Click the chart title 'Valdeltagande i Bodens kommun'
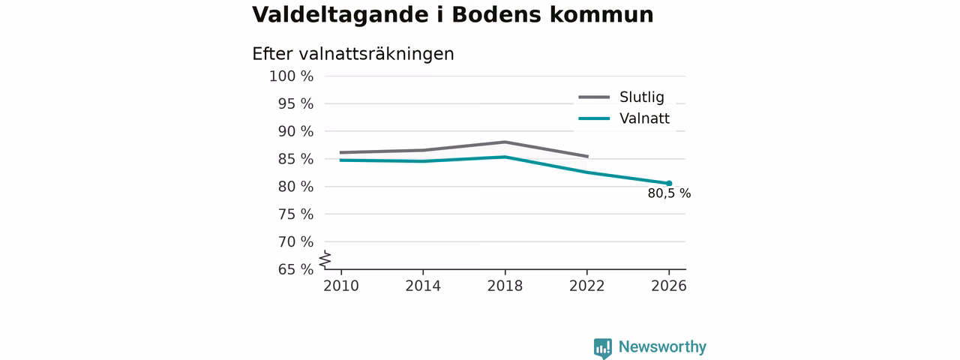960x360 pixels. (x=452, y=14)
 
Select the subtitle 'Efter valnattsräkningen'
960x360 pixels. (x=352, y=54)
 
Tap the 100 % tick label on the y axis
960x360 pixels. (x=292, y=76)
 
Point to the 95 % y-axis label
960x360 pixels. (x=295, y=103)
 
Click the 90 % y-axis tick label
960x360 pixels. (x=295, y=131)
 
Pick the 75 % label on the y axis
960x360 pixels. (x=295, y=214)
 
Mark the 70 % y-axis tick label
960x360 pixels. (x=295, y=241)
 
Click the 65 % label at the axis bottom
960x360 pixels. (x=295, y=269)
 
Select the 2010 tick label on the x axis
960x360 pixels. (x=341, y=286)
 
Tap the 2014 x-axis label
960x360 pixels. (x=423, y=286)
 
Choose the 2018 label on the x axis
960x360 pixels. (x=505, y=286)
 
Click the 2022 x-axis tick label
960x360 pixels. (x=586, y=286)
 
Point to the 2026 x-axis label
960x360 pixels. (x=668, y=286)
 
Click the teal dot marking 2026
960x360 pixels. (x=669, y=184)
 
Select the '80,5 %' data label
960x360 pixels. (x=669, y=193)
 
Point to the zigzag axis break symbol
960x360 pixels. (x=325, y=259)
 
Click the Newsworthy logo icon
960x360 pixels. (x=602, y=348)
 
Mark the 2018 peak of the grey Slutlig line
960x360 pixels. (x=505, y=142)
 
